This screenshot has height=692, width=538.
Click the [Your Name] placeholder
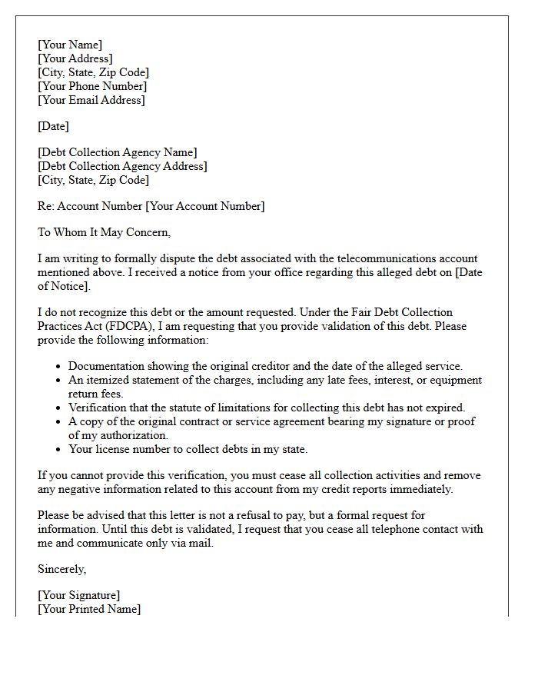(x=70, y=45)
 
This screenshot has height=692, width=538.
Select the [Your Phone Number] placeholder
(x=92, y=86)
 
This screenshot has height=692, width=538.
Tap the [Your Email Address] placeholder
(x=91, y=100)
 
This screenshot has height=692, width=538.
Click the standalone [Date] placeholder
(x=53, y=126)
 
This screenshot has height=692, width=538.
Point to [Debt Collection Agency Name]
(x=118, y=152)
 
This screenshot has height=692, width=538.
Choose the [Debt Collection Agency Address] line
(x=122, y=166)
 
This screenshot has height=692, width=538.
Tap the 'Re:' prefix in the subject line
(x=46, y=206)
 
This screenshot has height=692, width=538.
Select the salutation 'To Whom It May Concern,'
(x=104, y=232)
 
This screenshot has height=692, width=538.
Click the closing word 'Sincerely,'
(x=62, y=569)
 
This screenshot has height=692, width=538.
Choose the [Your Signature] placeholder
(x=78, y=595)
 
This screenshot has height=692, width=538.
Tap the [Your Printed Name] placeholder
(x=89, y=609)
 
